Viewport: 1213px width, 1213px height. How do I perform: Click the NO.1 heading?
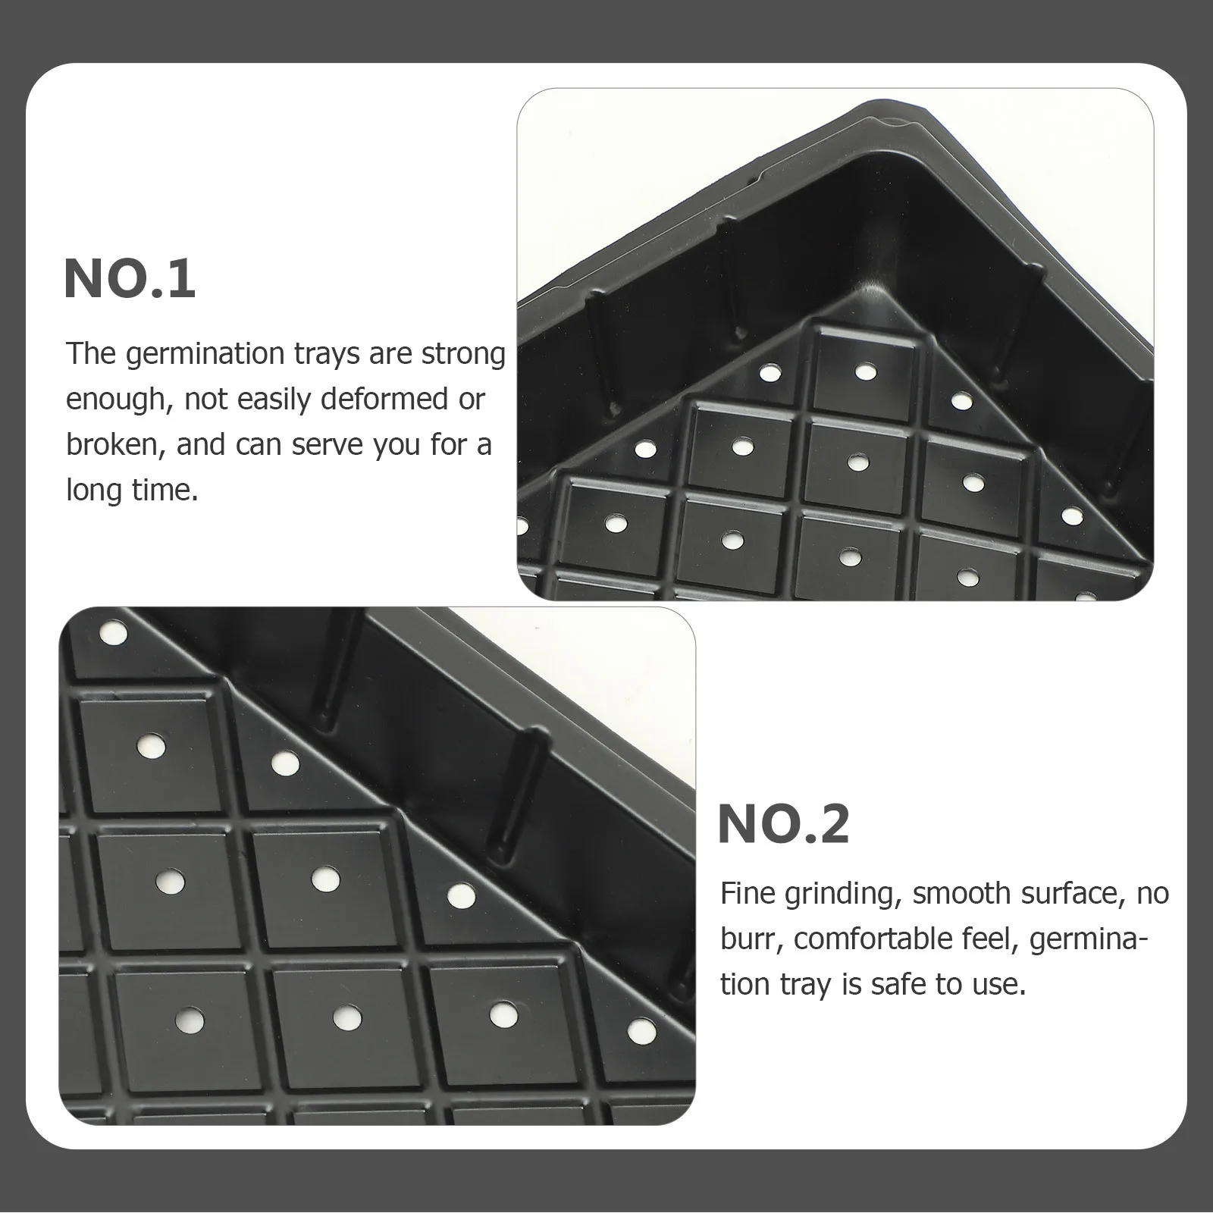(130, 279)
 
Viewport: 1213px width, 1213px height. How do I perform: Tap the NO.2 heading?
(783, 824)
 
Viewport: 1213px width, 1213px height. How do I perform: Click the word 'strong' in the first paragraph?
(462, 354)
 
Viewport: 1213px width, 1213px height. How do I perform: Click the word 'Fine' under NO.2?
(748, 894)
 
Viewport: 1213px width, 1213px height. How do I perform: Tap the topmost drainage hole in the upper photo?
(863, 371)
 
